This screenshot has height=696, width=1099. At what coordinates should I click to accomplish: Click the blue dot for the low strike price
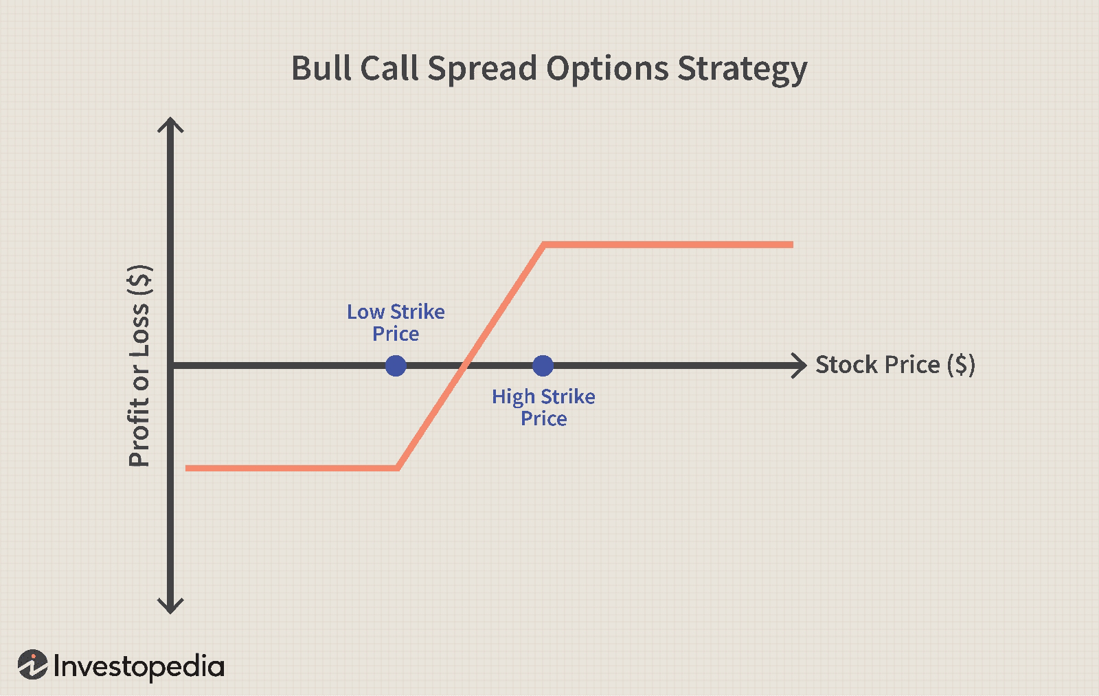point(396,366)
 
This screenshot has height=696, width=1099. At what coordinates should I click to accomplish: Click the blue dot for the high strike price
point(543,366)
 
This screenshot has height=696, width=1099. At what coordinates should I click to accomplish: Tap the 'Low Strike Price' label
point(396,322)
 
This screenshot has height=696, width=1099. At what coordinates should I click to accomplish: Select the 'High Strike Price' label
point(543,407)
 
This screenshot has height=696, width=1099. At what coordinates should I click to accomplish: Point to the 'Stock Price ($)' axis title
point(896,365)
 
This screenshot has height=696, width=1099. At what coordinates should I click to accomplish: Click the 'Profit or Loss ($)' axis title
point(139,366)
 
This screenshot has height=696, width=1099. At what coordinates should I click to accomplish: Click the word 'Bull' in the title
point(321,68)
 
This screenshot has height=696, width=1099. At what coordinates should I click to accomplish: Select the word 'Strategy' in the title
point(742,69)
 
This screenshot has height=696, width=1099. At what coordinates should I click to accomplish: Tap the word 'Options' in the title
point(607,69)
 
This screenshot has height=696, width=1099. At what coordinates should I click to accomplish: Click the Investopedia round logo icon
point(33,664)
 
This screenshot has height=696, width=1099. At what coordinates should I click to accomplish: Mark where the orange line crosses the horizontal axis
point(463,366)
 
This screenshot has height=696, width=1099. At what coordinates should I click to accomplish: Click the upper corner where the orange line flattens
point(543,245)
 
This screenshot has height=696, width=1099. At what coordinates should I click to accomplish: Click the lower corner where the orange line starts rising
point(398,469)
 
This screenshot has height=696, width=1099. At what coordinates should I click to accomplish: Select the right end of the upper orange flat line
point(793,245)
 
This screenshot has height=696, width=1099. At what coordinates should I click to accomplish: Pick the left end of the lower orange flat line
point(186,469)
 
